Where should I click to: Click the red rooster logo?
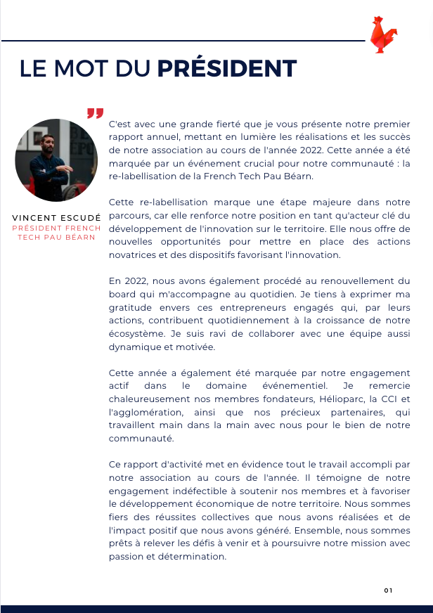384,34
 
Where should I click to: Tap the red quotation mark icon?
95,113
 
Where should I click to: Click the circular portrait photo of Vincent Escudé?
56,160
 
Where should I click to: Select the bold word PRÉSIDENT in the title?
226,69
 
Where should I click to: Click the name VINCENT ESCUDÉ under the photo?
56,218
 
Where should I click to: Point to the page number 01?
388,590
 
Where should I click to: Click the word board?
124,294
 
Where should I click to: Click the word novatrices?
134,254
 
